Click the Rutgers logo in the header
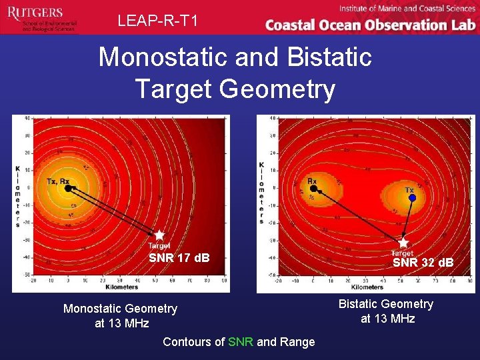click(x=40, y=17)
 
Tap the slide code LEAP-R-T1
click(x=158, y=21)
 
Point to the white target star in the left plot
click(x=159, y=235)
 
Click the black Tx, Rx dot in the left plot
click(x=67, y=189)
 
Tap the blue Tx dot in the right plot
click(x=412, y=198)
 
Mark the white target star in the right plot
click(x=403, y=243)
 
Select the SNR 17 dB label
click(x=179, y=258)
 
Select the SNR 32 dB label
click(x=423, y=263)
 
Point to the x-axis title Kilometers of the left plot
click(x=121, y=287)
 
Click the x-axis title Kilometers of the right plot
click(x=367, y=287)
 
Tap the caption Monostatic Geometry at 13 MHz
click(x=120, y=316)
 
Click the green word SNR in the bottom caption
click(x=241, y=342)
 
